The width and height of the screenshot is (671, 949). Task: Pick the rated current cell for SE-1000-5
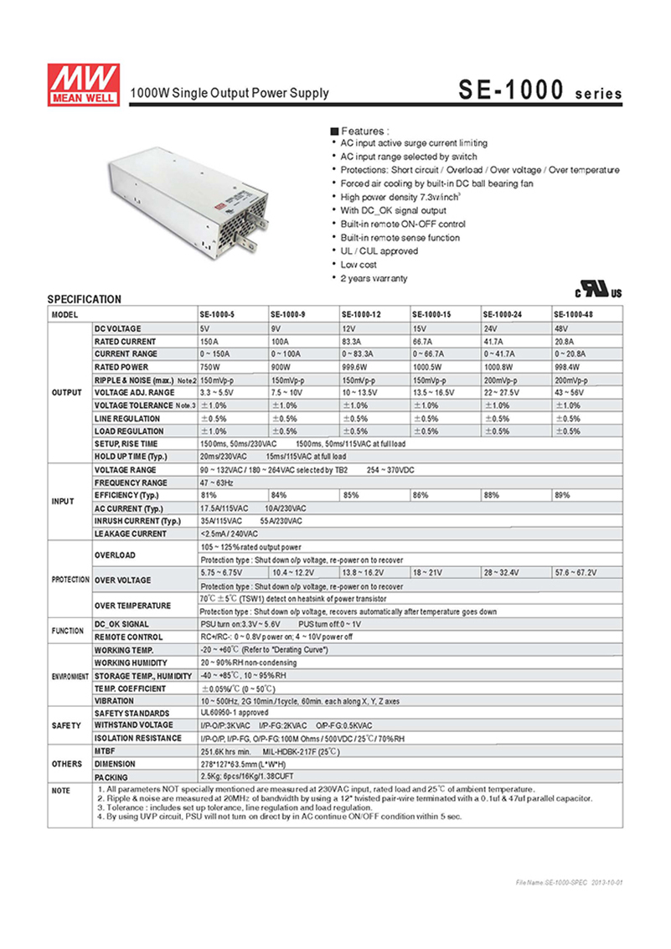tap(211, 342)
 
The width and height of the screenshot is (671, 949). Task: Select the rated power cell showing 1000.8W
tap(501, 368)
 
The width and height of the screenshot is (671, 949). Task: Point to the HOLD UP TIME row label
tap(131, 456)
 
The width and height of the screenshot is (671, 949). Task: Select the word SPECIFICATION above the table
tap(84, 299)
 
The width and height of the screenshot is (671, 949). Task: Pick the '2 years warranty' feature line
tap(373, 278)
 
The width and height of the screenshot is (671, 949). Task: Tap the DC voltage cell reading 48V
tap(560, 328)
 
